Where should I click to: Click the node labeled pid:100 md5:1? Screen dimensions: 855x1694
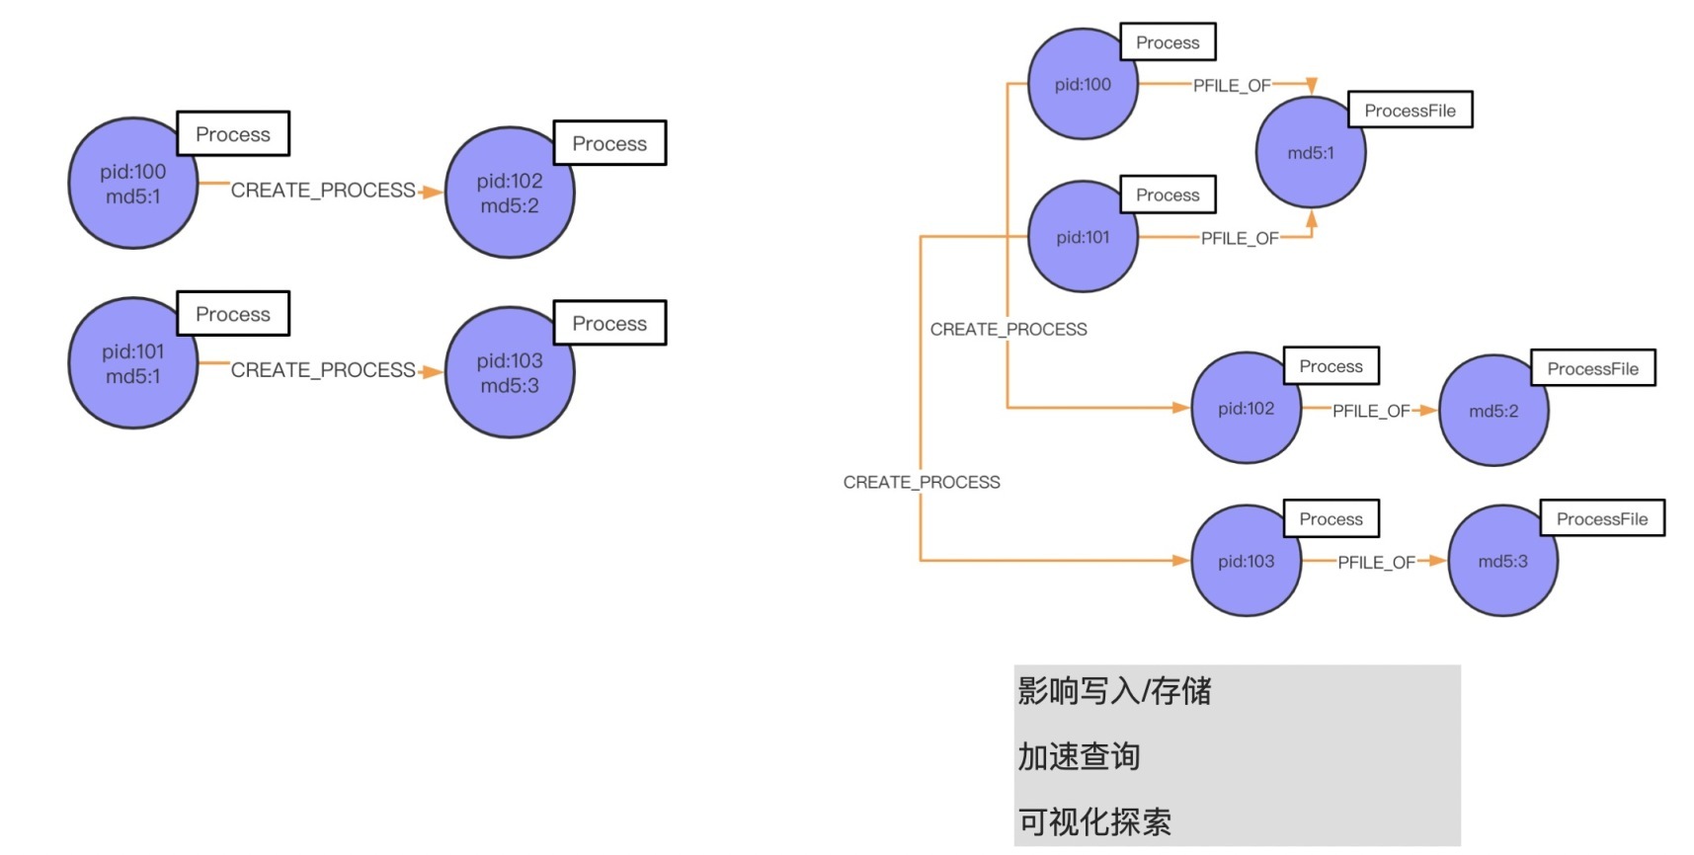132,184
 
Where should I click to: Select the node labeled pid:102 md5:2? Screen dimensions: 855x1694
509,194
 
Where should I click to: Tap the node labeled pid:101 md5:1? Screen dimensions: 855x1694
132,363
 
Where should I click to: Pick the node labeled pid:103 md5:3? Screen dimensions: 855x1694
509,373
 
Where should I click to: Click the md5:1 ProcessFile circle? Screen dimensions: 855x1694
1310,153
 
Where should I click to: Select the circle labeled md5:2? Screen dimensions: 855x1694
1492,411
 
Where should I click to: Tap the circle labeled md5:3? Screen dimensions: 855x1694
1501,561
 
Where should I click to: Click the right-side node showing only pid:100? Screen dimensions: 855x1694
1082,85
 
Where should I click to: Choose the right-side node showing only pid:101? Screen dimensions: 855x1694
1082,237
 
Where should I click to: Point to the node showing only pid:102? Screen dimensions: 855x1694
1245,409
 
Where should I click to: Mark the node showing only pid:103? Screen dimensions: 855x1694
1245,561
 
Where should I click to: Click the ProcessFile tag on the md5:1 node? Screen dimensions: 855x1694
1410,111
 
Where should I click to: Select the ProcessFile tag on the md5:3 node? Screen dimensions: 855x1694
1601,519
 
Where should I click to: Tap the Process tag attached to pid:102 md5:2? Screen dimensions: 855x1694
609,144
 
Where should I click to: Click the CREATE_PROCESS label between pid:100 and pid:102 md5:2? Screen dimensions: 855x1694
323,190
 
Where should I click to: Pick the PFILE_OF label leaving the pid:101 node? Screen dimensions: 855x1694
1239,238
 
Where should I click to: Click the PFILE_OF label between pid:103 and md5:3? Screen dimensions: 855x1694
1376,562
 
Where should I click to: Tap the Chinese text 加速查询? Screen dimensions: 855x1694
1079,756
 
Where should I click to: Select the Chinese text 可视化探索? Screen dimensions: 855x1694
1094,821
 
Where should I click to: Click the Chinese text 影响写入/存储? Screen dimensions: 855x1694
1114,691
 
